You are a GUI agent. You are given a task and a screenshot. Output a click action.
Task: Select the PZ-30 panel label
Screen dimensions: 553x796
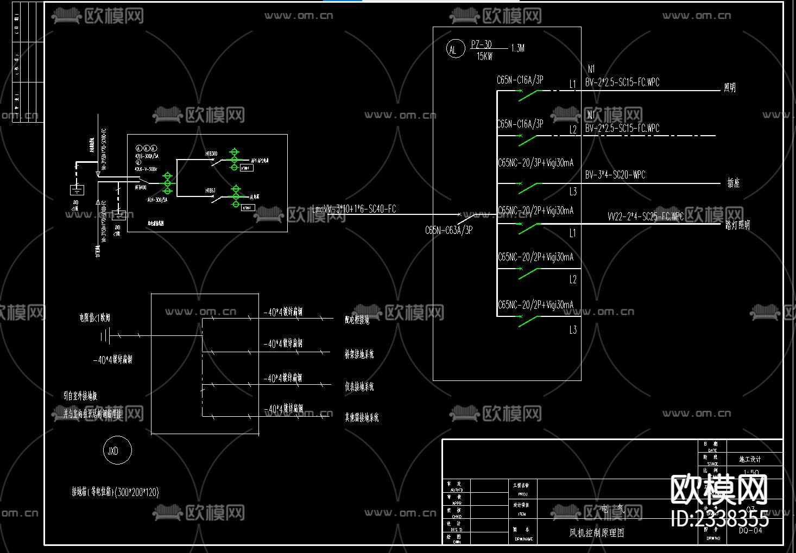point(481,45)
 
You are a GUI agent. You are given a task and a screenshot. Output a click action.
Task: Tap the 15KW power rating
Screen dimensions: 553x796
point(484,56)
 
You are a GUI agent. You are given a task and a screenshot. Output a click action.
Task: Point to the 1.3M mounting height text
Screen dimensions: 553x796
point(517,48)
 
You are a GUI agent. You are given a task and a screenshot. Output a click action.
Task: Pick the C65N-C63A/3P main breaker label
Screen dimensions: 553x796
point(448,230)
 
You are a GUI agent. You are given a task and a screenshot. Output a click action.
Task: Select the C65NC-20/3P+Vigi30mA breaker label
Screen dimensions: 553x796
point(535,163)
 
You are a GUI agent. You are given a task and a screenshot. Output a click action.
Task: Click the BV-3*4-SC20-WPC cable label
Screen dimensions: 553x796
point(615,175)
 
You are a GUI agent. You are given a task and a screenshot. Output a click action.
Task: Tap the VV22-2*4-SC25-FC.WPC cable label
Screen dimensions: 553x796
point(645,217)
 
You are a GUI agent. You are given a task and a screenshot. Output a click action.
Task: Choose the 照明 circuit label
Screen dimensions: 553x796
point(730,87)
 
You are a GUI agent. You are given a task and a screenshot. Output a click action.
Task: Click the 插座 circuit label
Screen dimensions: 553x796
point(734,183)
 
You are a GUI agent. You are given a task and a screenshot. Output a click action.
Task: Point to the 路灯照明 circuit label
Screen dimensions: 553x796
point(737,225)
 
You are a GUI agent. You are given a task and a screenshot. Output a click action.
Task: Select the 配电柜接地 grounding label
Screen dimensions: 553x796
point(357,320)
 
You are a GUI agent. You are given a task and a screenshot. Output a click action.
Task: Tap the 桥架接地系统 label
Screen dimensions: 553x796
point(359,354)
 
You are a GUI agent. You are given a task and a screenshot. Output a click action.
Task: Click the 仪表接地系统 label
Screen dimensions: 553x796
point(359,387)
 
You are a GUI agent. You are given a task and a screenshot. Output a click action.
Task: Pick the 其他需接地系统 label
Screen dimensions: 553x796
point(362,417)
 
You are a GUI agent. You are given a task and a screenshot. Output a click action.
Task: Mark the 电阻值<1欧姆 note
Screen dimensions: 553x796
point(94,317)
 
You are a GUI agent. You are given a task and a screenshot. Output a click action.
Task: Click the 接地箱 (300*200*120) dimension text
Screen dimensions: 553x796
point(115,492)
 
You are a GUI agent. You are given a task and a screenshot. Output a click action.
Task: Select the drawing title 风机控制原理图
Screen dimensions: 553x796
point(596,533)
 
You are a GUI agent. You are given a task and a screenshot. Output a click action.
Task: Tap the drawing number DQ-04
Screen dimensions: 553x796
point(750,530)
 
